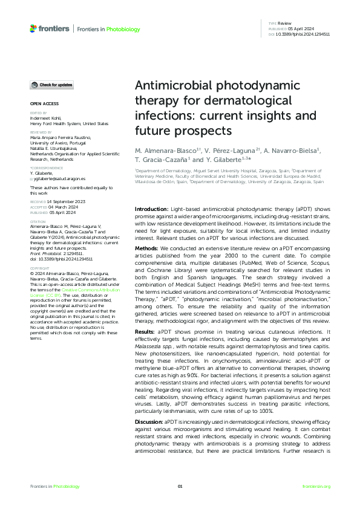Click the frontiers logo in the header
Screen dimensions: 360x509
point(49,29)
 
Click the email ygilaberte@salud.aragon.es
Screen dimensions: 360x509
point(59,179)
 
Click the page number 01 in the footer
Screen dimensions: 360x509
point(180,487)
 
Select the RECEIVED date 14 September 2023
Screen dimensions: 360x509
point(66,200)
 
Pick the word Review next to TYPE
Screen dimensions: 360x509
point(285,23)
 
